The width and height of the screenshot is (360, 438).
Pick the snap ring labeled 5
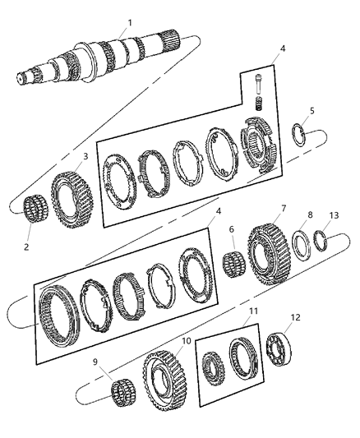pos(303,134)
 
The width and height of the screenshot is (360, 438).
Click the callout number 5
pos(311,110)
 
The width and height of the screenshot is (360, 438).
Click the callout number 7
pos(283,209)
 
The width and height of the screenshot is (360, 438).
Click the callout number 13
pos(334,215)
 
